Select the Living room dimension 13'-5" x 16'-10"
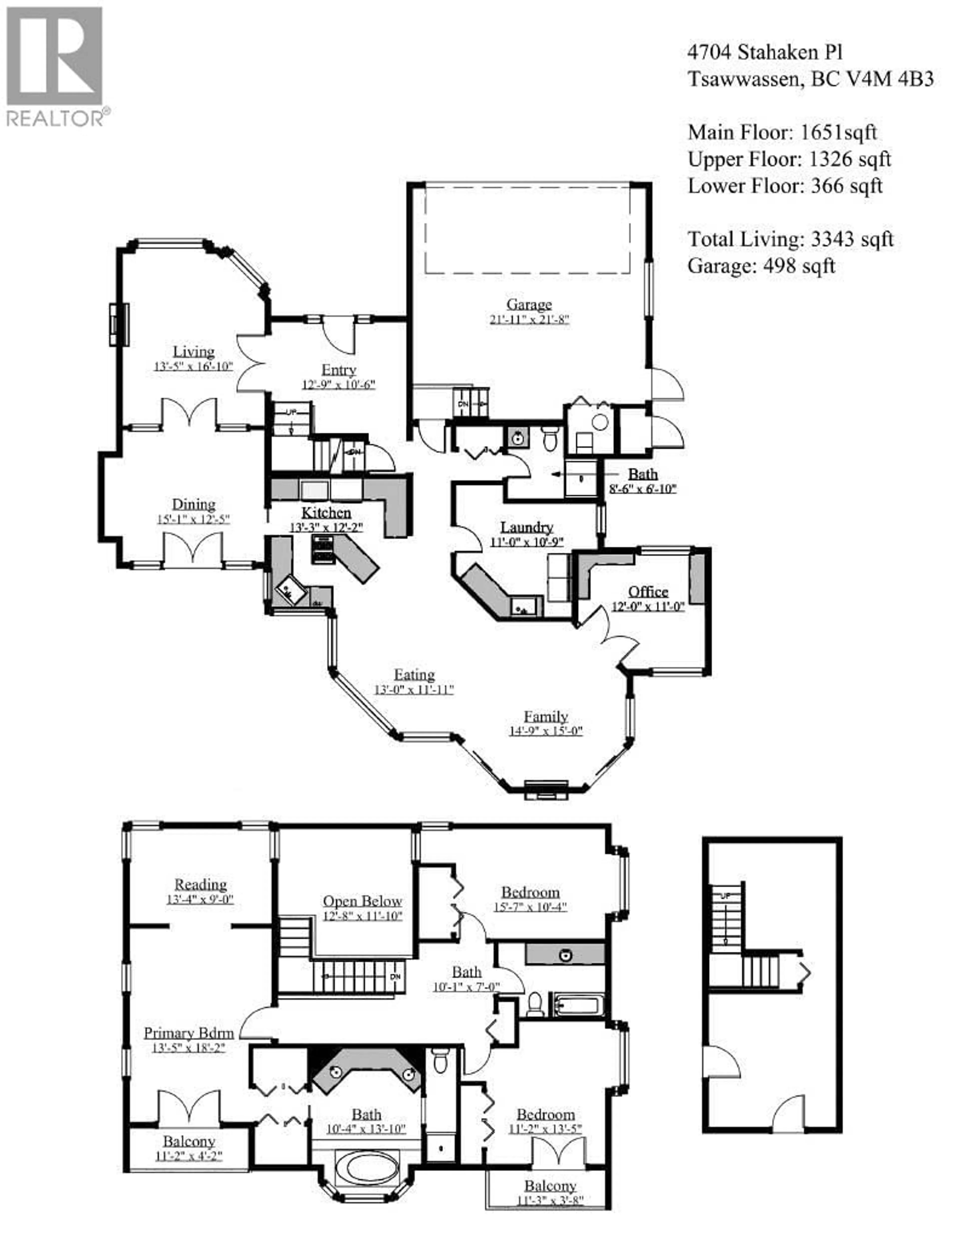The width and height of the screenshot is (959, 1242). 193,366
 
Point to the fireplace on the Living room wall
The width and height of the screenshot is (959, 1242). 119,325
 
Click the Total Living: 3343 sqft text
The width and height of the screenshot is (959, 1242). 790,239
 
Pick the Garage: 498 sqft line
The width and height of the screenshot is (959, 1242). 761,266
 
